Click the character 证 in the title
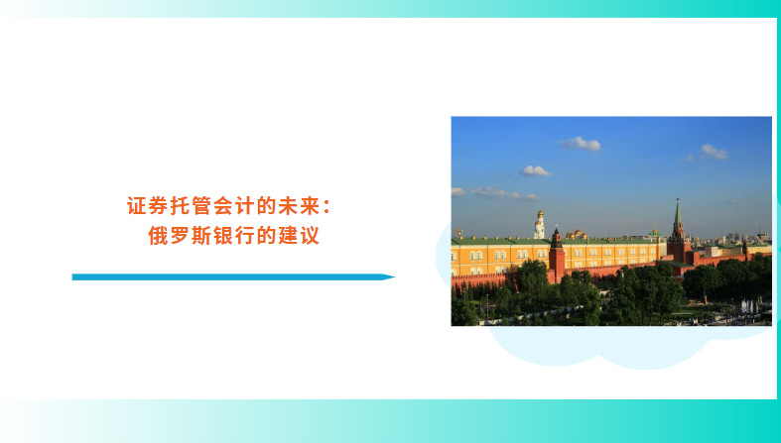(x=136, y=206)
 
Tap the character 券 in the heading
(x=158, y=206)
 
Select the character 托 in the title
(x=180, y=206)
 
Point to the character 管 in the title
(x=200, y=206)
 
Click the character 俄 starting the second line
(x=158, y=236)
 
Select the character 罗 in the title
(x=180, y=236)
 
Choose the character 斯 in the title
(x=200, y=236)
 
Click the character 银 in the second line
(x=222, y=236)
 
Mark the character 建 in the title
(x=287, y=236)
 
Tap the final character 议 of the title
(x=309, y=236)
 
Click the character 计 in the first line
(x=244, y=206)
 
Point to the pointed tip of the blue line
(x=395, y=277)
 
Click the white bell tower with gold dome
(x=539, y=225)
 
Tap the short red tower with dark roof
(x=557, y=255)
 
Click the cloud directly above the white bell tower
(x=535, y=171)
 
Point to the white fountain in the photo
(x=749, y=306)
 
